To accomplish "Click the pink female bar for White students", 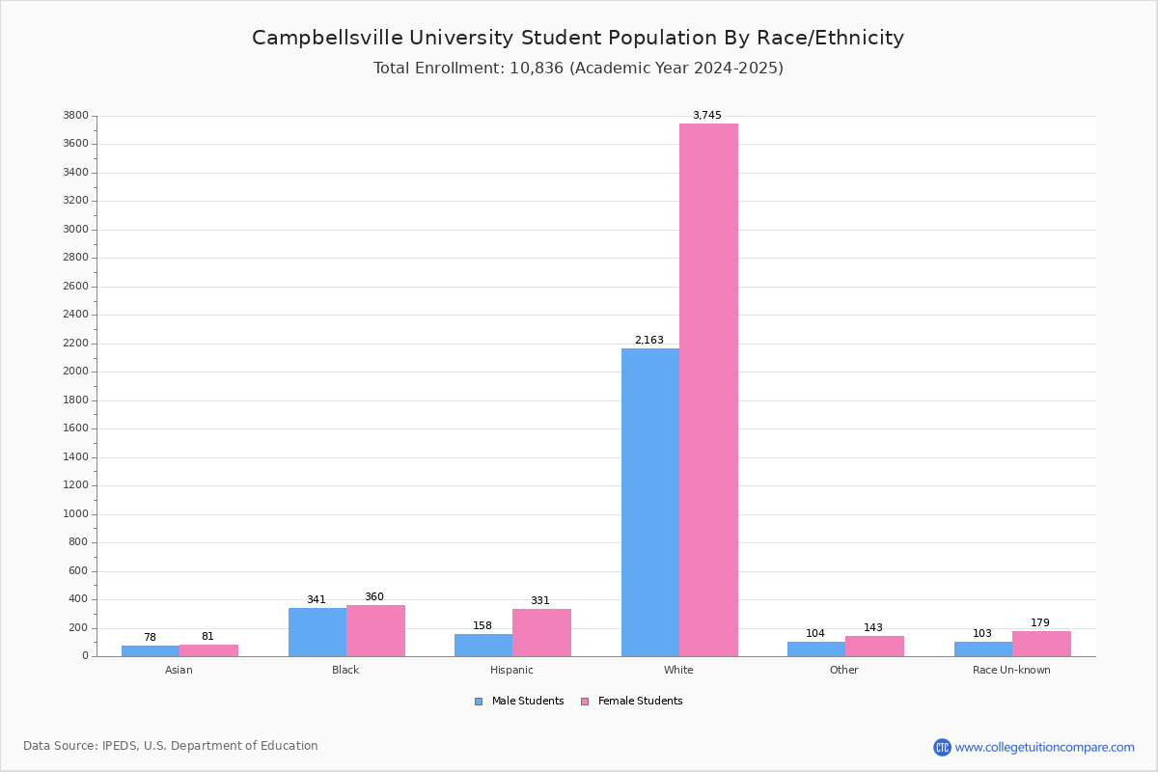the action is tap(708, 390).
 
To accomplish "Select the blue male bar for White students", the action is tap(650, 503).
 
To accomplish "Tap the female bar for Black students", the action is tap(375, 631).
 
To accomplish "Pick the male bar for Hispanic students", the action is tap(483, 646).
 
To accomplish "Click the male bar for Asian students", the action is tap(151, 651).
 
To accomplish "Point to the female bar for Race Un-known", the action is tap(1041, 644).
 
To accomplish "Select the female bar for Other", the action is tap(874, 647).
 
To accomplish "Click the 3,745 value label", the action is tap(707, 115).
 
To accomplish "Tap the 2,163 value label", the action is tap(649, 341).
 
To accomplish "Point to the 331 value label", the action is tap(540, 600).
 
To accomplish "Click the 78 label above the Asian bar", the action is tap(150, 637).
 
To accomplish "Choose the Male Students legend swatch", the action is tap(479, 702).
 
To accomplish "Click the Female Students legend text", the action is tap(640, 701).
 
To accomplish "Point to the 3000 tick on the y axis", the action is tap(76, 229).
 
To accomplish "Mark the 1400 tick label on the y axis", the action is tap(76, 456).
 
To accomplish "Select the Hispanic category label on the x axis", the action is tap(511, 670).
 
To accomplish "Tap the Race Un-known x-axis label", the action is tap(1011, 670).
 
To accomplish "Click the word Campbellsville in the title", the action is tap(327, 39).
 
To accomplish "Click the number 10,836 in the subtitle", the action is tap(537, 69).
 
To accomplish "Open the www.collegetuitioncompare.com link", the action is tap(1044, 747).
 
